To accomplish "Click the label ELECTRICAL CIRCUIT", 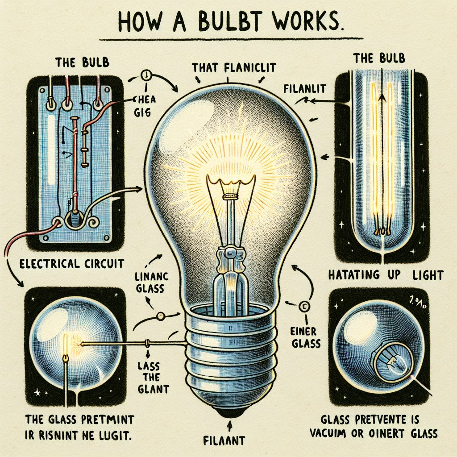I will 72,263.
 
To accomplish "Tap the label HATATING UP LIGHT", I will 386,274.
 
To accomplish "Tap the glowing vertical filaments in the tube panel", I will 382,156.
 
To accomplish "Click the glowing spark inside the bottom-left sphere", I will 67,344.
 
